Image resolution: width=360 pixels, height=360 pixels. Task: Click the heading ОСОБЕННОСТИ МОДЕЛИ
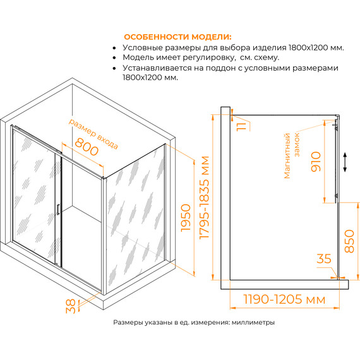(177, 36)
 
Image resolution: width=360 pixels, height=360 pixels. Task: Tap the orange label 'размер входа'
(92, 131)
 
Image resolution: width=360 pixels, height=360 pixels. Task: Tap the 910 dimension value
(316, 163)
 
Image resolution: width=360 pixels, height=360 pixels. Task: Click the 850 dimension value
(351, 239)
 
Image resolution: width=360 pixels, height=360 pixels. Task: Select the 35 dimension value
(325, 259)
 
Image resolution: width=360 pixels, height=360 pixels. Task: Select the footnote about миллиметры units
(194, 322)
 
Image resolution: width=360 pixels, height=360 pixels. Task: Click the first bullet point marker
(114, 47)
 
